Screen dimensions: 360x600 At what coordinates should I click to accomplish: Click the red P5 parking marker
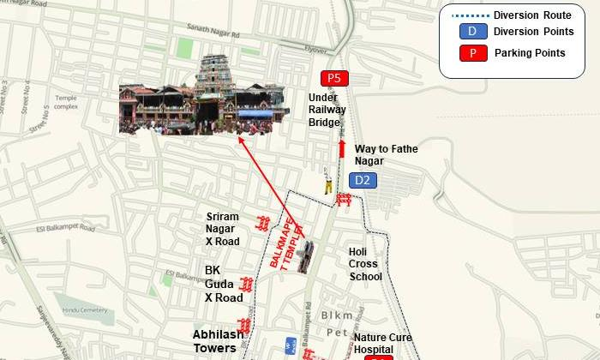[334, 78]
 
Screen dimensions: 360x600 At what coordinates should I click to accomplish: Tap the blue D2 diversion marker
[363, 180]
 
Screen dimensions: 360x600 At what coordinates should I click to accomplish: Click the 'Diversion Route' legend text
[532, 15]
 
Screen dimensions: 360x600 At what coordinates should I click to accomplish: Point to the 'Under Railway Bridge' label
[325, 110]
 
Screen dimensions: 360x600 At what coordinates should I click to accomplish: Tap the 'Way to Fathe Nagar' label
[386, 155]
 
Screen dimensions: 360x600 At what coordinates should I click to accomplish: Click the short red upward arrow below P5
[341, 149]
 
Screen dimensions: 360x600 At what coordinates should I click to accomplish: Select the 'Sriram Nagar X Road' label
[223, 229]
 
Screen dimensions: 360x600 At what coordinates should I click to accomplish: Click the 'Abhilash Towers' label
[214, 342]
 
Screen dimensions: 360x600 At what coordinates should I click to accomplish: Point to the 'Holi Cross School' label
[365, 264]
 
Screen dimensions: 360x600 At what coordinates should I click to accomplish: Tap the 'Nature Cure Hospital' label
[383, 343]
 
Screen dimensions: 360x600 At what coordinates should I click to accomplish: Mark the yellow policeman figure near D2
[327, 185]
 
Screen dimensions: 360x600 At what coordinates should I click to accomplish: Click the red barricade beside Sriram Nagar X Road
[264, 224]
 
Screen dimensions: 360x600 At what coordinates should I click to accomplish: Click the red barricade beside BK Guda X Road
[247, 284]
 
